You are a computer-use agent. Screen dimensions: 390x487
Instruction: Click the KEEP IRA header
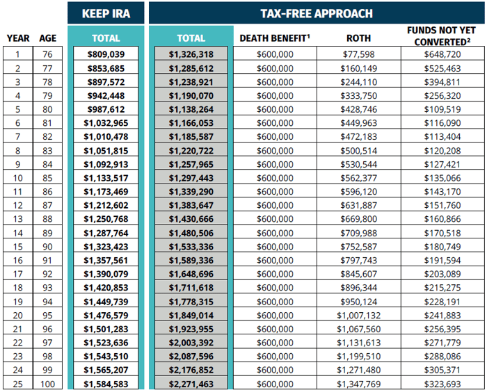coord(106,13)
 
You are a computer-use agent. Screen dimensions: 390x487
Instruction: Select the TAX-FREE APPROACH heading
coord(317,13)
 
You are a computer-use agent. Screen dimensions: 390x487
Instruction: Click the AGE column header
coord(48,38)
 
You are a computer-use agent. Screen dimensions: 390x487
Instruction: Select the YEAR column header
coord(18,38)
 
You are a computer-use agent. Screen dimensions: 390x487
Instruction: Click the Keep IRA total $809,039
coord(106,54)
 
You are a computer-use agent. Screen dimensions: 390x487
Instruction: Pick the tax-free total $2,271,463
coord(191,384)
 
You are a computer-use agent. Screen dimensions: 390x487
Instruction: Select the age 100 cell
coord(48,384)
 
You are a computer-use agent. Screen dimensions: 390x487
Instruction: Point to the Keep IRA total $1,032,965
coord(106,122)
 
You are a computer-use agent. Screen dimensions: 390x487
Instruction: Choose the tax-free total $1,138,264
coord(191,109)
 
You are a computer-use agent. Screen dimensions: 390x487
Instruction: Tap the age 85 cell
coord(48,177)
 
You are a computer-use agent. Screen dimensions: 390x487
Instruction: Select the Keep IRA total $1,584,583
coord(106,384)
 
